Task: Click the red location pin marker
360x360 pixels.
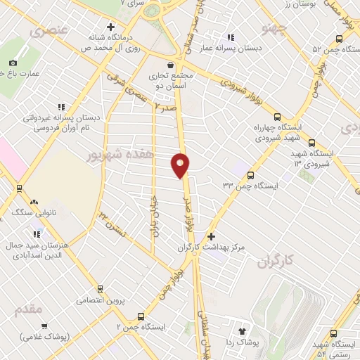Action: tap(181, 165)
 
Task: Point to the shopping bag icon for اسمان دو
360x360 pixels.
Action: tap(171, 65)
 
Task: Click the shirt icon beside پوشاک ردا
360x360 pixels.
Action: tap(243, 330)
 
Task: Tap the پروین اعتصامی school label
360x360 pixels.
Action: tap(105, 300)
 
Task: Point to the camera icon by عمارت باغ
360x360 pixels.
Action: tap(12, 63)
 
